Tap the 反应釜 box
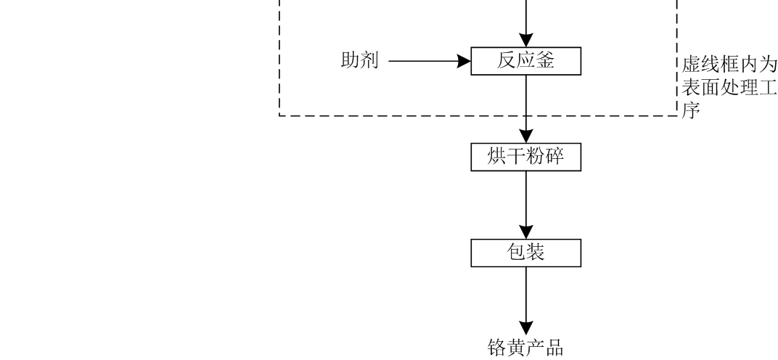526,62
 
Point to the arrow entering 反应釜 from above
526,25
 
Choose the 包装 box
526,253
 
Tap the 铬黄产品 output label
526,347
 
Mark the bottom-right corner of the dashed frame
676,115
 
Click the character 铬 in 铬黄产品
496,347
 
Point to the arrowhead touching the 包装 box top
526,233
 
